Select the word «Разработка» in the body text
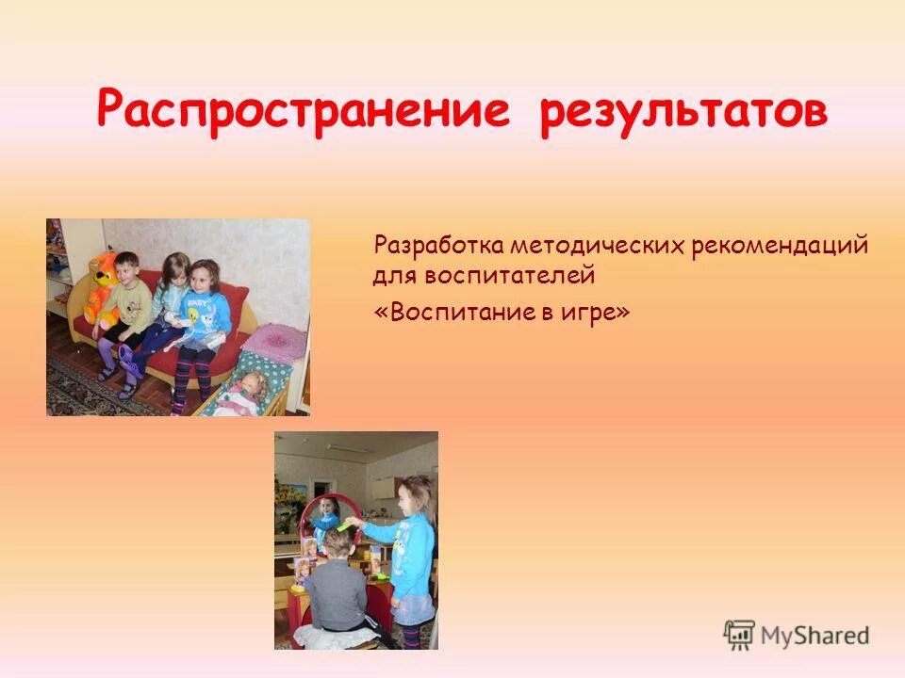tap(438, 247)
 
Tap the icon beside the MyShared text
tap(739, 635)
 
